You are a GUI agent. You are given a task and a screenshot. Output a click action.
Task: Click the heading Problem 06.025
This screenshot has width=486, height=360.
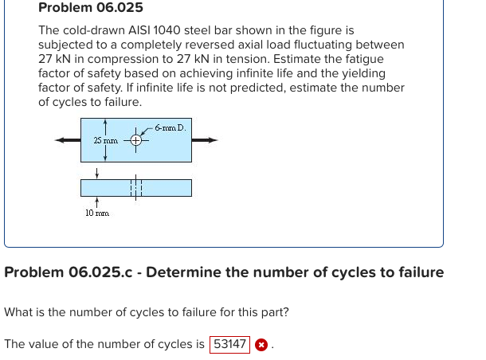point(91,8)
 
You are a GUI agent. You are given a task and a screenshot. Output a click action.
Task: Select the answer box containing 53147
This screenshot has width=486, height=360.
point(229,345)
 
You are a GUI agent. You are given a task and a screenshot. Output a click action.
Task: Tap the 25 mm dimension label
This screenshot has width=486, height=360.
point(105,140)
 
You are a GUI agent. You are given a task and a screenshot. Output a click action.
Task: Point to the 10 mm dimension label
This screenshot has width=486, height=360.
point(97,213)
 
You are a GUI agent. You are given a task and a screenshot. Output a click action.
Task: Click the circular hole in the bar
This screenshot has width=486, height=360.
point(136,141)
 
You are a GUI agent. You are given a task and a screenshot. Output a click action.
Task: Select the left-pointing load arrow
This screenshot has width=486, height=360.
point(67,140)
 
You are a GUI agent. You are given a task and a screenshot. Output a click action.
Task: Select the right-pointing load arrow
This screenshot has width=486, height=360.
point(205,140)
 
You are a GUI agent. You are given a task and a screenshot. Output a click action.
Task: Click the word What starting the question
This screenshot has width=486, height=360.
point(19,312)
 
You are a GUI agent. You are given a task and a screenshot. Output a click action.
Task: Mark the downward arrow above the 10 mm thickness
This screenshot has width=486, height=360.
point(96,172)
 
